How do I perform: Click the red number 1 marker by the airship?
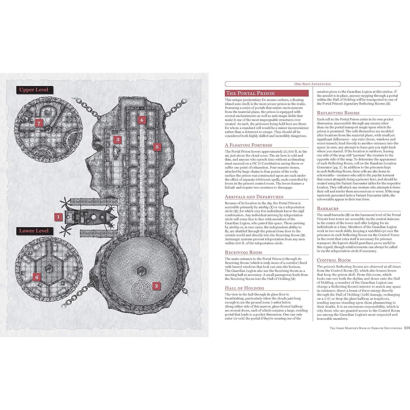tap(58, 217)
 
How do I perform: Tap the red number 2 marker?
tap(156, 286)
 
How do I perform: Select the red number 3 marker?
tap(118, 139)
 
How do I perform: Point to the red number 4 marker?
tap(142, 120)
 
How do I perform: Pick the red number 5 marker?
tap(157, 147)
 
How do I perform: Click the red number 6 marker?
tap(37, 277)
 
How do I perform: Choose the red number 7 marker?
tap(39, 123)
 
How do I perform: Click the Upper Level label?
tap(33, 90)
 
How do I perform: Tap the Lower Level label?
tap(33, 231)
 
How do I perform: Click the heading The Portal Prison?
tap(250, 93)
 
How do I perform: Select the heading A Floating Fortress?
tap(248, 145)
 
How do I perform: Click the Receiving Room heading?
tap(243, 252)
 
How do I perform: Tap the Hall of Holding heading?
tap(244, 288)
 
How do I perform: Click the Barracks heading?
tap(328, 208)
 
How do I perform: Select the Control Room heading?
tap(334, 260)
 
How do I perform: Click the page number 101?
tap(407, 328)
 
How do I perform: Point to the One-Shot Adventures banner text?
tap(313, 84)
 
